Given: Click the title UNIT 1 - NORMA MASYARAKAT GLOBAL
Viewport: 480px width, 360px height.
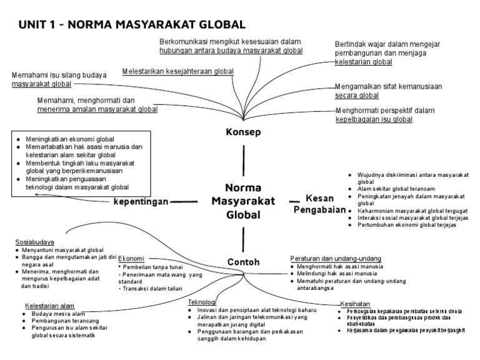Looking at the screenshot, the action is point(132,24).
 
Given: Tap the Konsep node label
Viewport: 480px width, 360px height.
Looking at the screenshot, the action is point(243,132).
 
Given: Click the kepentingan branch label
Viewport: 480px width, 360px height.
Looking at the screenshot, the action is point(141,201).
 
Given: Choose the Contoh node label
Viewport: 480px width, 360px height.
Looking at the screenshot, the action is point(243,262).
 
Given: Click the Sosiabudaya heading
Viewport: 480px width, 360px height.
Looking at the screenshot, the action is point(34,242).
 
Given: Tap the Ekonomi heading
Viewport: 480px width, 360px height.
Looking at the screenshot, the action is point(131,259).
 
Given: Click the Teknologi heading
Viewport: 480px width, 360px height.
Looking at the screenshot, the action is point(202,302).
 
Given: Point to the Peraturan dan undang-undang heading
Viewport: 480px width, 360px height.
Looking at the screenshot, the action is point(336,258).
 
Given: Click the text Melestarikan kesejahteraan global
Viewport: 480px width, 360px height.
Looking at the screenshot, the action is point(178,71).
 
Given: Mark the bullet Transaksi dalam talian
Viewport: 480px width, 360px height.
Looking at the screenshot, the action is point(152,289).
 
